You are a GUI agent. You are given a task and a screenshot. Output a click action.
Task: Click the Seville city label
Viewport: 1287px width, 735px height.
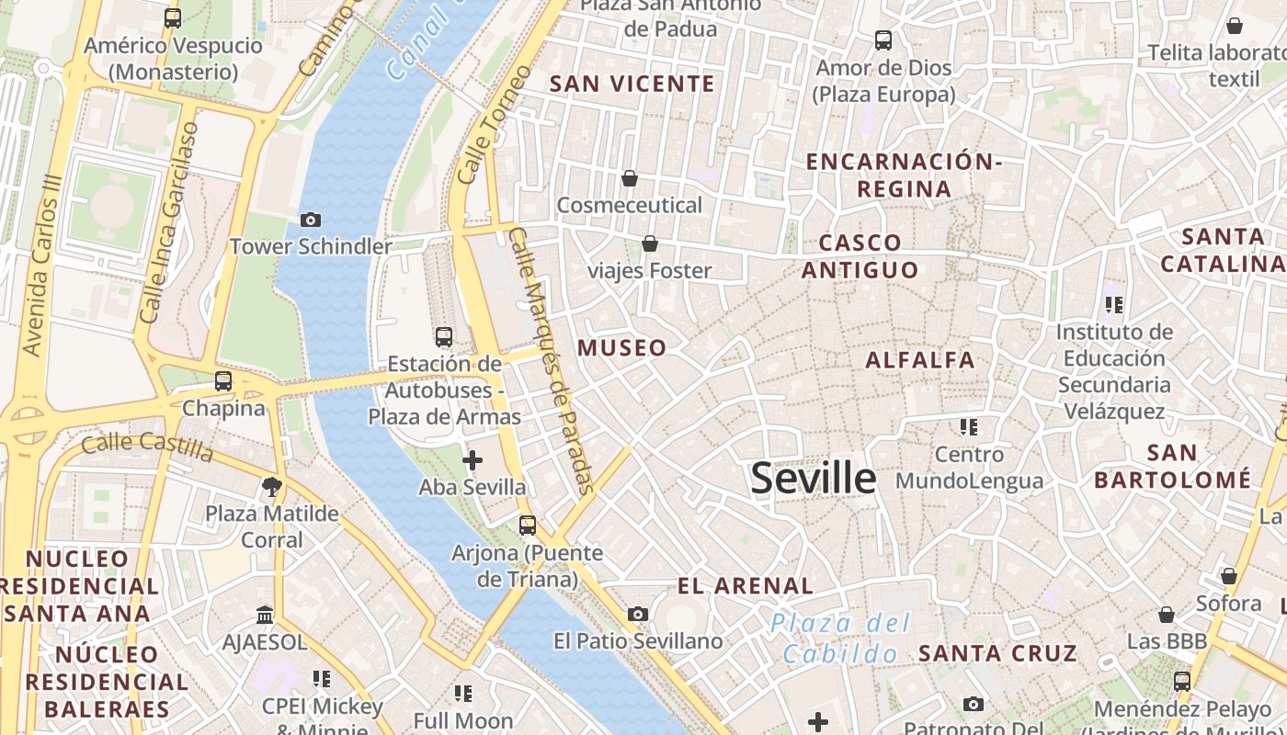pyautogui.click(x=814, y=479)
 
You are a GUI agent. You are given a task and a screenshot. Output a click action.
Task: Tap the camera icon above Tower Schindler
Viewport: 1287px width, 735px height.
pyautogui.click(x=311, y=220)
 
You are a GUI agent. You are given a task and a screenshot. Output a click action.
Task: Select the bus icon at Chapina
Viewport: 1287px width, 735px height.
pyautogui.click(x=223, y=381)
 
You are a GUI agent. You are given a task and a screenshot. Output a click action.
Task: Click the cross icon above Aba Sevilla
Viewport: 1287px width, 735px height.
pyautogui.click(x=473, y=460)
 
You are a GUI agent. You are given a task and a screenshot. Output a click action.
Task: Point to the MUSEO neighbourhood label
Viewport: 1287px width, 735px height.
pyautogui.click(x=622, y=347)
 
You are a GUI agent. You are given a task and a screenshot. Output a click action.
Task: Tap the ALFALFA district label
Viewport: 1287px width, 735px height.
pyautogui.click(x=920, y=359)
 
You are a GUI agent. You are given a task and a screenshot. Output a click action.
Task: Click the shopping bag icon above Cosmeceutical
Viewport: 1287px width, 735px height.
pyautogui.click(x=630, y=177)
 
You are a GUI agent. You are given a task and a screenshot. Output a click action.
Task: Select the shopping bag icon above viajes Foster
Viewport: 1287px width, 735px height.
pyautogui.click(x=650, y=243)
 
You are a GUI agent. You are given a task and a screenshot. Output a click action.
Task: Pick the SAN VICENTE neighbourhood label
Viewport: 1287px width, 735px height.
pyautogui.click(x=632, y=84)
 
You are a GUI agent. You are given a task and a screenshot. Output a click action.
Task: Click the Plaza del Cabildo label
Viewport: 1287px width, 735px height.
pyautogui.click(x=840, y=639)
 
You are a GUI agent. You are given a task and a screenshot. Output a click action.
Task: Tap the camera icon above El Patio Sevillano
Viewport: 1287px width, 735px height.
pyautogui.click(x=638, y=614)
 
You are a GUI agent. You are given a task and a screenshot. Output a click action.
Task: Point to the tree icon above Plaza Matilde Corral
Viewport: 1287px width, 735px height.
pyautogui.click(x=271, y=486)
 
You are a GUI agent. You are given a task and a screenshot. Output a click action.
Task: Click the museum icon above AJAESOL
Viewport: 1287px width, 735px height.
pyautogui.click(x=265, y=614)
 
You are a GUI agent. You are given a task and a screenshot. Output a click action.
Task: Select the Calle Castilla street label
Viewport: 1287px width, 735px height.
pyautogui.click(x=147, y=447)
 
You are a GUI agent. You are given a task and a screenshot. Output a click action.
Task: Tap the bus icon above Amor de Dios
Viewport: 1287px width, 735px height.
pyautogui.click(x=883, y=40)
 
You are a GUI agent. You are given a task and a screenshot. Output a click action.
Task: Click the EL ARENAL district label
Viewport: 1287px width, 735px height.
pyautogui.click(x=746, y=585)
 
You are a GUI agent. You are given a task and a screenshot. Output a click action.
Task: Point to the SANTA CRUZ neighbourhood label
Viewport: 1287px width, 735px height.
pyautogui.click(x=997, y=653)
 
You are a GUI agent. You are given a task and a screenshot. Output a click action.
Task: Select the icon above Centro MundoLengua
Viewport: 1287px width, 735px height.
pyautogui.click(x=968, y=427)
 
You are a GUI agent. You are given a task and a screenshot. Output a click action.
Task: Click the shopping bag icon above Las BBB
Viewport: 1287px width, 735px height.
pyautogui.click(x=1167, y=614)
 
